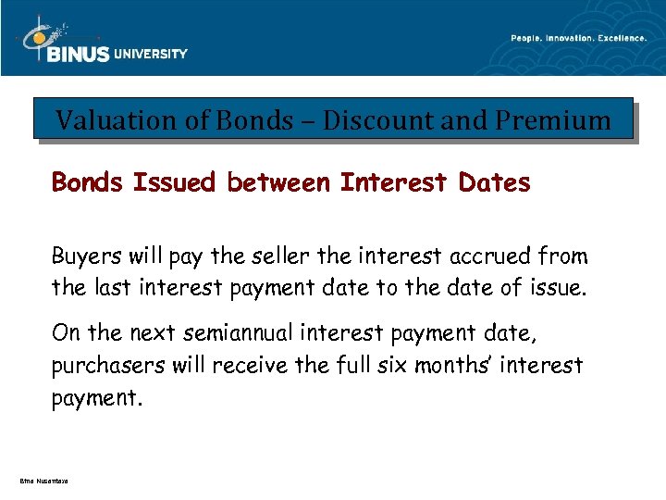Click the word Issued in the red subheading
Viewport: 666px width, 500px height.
pyautogui.click(x=177, y=183)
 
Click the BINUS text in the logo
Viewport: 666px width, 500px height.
pyautogui.click(x=79, y=54)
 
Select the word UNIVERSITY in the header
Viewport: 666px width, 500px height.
pyautogui.click(x=151, y=54)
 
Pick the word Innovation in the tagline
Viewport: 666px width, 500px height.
pyautogui.click(x=573, y=38)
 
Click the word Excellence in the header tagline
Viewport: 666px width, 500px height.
pyautogui.click(x=625, y=38)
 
